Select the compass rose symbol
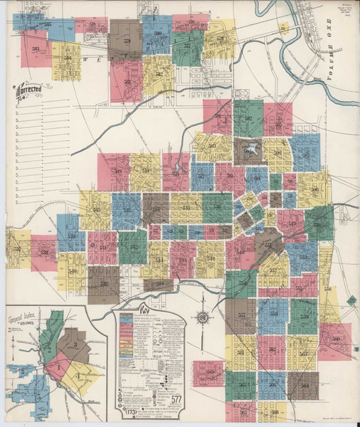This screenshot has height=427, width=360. tap(203, 317)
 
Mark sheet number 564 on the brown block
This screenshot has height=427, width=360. tap(303, 385)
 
